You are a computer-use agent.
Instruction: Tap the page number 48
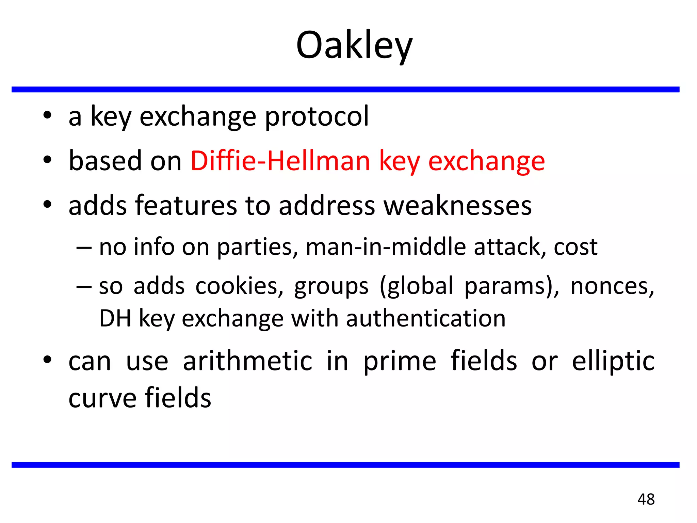pyautogui.click(x=646, y=499)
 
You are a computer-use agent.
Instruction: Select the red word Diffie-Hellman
pyautogui.click(x=280, y=161)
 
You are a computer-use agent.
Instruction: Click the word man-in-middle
pyautogui.click(x=386, y=247)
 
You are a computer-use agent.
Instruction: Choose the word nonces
pyautogui.click(x=612, y=286)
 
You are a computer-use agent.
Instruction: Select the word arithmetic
pyautogui.click(x=247, y=361)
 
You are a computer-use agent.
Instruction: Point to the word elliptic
pyautogui.click(x=613, y=361)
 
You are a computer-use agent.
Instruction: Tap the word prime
pyautogui.click(x=400, y=361)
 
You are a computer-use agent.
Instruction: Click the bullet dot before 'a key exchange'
pyautogui.click(x=47, y=115)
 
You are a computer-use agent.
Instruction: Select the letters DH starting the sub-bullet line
pyautogui.click(x=115, y=318)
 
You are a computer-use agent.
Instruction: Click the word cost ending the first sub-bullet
pyautogui.click(x=575, y=247)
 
